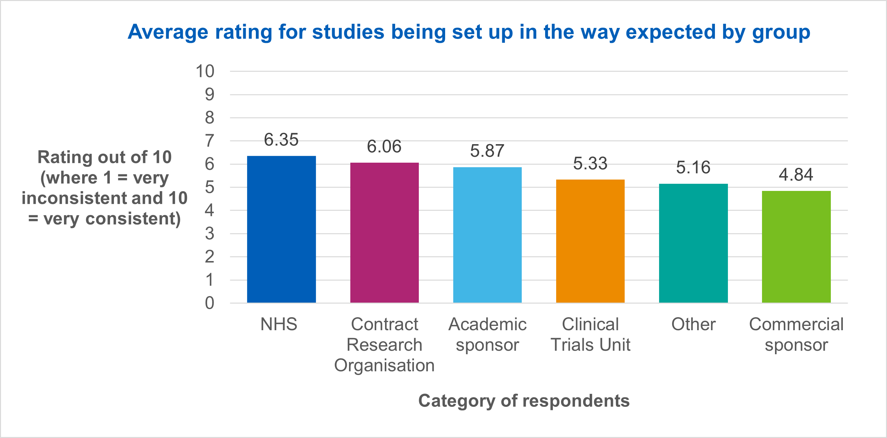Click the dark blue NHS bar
tap(281, 229)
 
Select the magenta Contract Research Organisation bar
tap(384, 233)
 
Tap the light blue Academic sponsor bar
tap(487, 235)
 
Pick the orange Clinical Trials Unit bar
tap(590, 241)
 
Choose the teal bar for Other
tap(693, 243)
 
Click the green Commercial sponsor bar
tap(796, 246)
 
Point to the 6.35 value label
tap(281, 140)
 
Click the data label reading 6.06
tap(384, 147)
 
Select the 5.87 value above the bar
tap(487, 151)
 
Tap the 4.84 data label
tap(796, 175)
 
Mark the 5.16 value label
tap(693, 167)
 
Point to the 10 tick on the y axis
tap(205, 71)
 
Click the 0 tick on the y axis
tap(209, 303)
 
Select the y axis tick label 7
tap(209, 141)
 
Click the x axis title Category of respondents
tap(524, 400)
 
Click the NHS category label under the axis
tap(279, 324)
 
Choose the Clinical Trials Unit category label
tap(590, 334)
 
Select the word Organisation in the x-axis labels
tap(384, 365)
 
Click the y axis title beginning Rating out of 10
tap(104, 188)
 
